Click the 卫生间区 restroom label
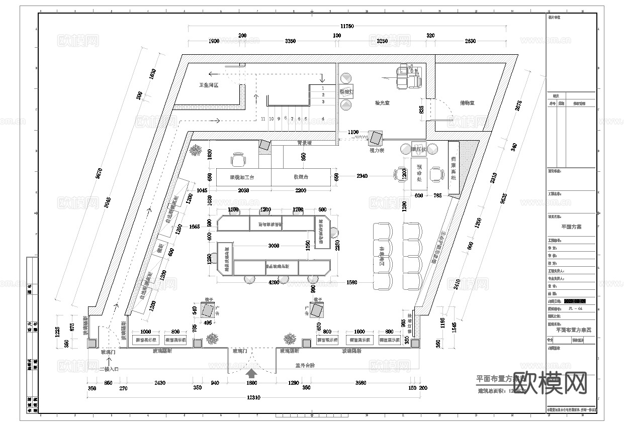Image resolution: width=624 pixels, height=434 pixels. click(x=208, y=85)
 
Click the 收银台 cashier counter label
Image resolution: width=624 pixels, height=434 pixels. click(x=301, y=177)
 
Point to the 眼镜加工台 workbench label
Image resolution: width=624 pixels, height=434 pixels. click(x=242, y=177)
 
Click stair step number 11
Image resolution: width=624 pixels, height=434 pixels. click(x=263, y=119)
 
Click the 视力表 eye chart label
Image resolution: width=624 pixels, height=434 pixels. click(x=377, y=150)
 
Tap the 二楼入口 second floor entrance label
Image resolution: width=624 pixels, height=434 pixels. click(x=109, y=369)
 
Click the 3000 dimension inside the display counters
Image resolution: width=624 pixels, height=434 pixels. click(x=274, y=246)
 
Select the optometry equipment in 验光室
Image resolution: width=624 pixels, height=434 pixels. click(x=408, y=77)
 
